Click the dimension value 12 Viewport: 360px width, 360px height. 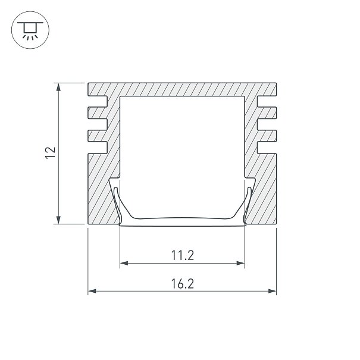click(51, 153)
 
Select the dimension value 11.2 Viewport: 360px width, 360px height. click(183, 255)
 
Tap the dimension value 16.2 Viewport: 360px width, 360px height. click(183, 284)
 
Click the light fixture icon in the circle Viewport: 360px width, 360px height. click(30, 30)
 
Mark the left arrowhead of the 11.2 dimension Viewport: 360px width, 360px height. click(124, 263)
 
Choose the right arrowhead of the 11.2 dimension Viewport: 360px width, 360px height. click(240, 263)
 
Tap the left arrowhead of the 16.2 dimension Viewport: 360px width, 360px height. click(92, 292)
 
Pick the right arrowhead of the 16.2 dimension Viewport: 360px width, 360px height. click(273, 292)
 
